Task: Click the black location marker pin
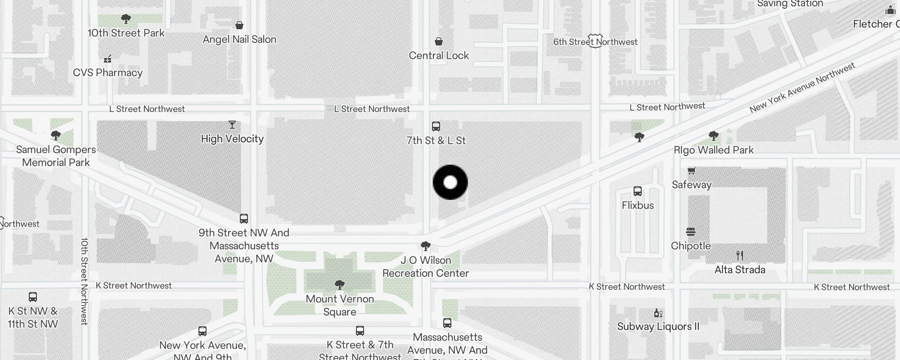point(450,182)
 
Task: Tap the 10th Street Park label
point(126,33)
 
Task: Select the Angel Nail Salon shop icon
point(239,25)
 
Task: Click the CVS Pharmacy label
point(108,72)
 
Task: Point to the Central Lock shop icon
point(439,41)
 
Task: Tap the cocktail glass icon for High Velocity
point(232,125)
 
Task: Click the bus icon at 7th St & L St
point(436,126)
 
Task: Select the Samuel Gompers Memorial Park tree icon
point(56,135)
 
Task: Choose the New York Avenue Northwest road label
point(802,88)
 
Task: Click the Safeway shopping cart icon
point(691,171)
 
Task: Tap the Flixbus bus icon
point(638,191)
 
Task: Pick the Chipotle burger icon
point(691,232)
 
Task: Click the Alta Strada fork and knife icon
point(740,256)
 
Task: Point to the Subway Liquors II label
point(658,327)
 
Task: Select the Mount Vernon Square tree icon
point(340,285)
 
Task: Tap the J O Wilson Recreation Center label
point(426,267)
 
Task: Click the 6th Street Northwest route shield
point(595,41)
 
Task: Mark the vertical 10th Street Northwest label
point(84,281)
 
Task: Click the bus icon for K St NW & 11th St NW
point(33,297)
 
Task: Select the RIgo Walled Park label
point(713,150)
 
